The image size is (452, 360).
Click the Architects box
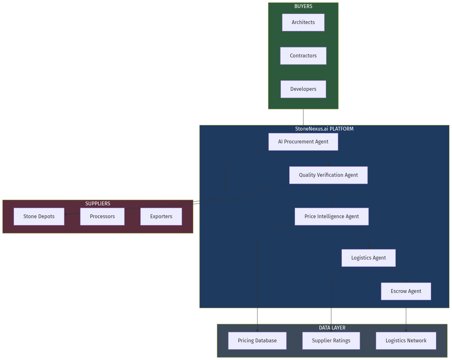tap(303, 22)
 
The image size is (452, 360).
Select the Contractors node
tap(303, 56)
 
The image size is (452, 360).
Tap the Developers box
tap(303, 89)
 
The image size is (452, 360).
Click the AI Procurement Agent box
tap(303, 142)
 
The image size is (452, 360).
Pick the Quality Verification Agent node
tap(328, 175)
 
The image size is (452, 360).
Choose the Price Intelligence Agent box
tap(331, 217)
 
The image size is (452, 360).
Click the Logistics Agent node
tap(368, 258)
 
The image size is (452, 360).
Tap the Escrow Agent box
tap(406, 291)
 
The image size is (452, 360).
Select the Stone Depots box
tap(39, 217)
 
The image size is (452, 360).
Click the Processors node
tap(102, 217)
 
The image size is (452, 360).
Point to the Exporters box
tap(161, 217)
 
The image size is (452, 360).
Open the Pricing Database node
tap(257, 341)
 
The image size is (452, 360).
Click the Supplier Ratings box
tap(331, 341)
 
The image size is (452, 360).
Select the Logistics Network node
tap(406, 341)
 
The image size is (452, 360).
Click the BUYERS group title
tap(303, 6)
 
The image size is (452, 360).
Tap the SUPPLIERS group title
tap(98, 204)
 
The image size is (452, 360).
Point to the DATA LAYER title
tap(332, 328)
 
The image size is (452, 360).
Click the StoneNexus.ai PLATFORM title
tap(324, 129)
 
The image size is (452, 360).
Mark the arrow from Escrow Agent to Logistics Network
tap(406, 316)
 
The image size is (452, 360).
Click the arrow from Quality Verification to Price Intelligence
tap(331, 196)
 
